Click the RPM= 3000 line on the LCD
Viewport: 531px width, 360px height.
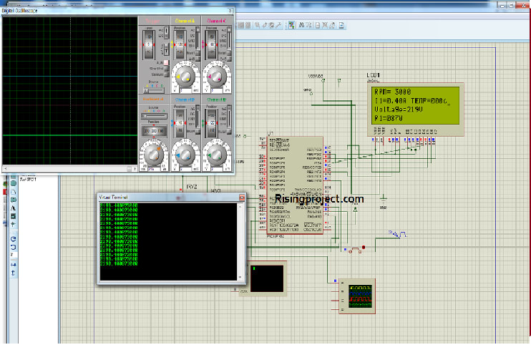pos(391,92)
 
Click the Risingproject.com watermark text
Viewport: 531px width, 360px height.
pos(319,200)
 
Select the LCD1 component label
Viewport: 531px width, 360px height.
pos(373,75)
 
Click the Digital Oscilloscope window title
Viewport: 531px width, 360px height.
pos(21,10)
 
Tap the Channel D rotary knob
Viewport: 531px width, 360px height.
pos(215,152)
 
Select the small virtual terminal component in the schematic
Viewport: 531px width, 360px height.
pos(267,278)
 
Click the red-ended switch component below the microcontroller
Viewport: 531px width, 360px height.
pos(354,250)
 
